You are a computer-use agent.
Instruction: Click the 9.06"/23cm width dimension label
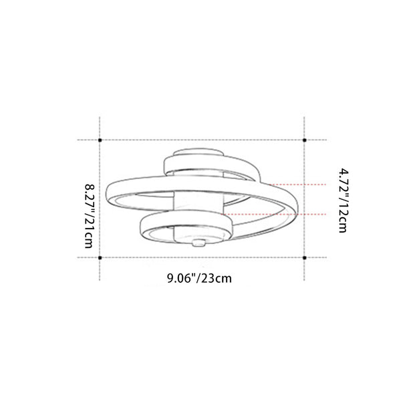point(199,278)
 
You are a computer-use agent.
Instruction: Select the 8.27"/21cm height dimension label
point(90,216)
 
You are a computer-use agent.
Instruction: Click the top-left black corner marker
point(100,140)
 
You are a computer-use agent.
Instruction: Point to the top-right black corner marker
point(304,140)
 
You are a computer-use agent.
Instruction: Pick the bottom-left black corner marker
point(100,258)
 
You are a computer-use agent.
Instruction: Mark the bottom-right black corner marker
point(304,258)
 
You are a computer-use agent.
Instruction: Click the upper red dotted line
point(297,184)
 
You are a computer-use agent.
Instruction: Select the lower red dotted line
point(273,214)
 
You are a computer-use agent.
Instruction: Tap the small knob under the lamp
point(199,243)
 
